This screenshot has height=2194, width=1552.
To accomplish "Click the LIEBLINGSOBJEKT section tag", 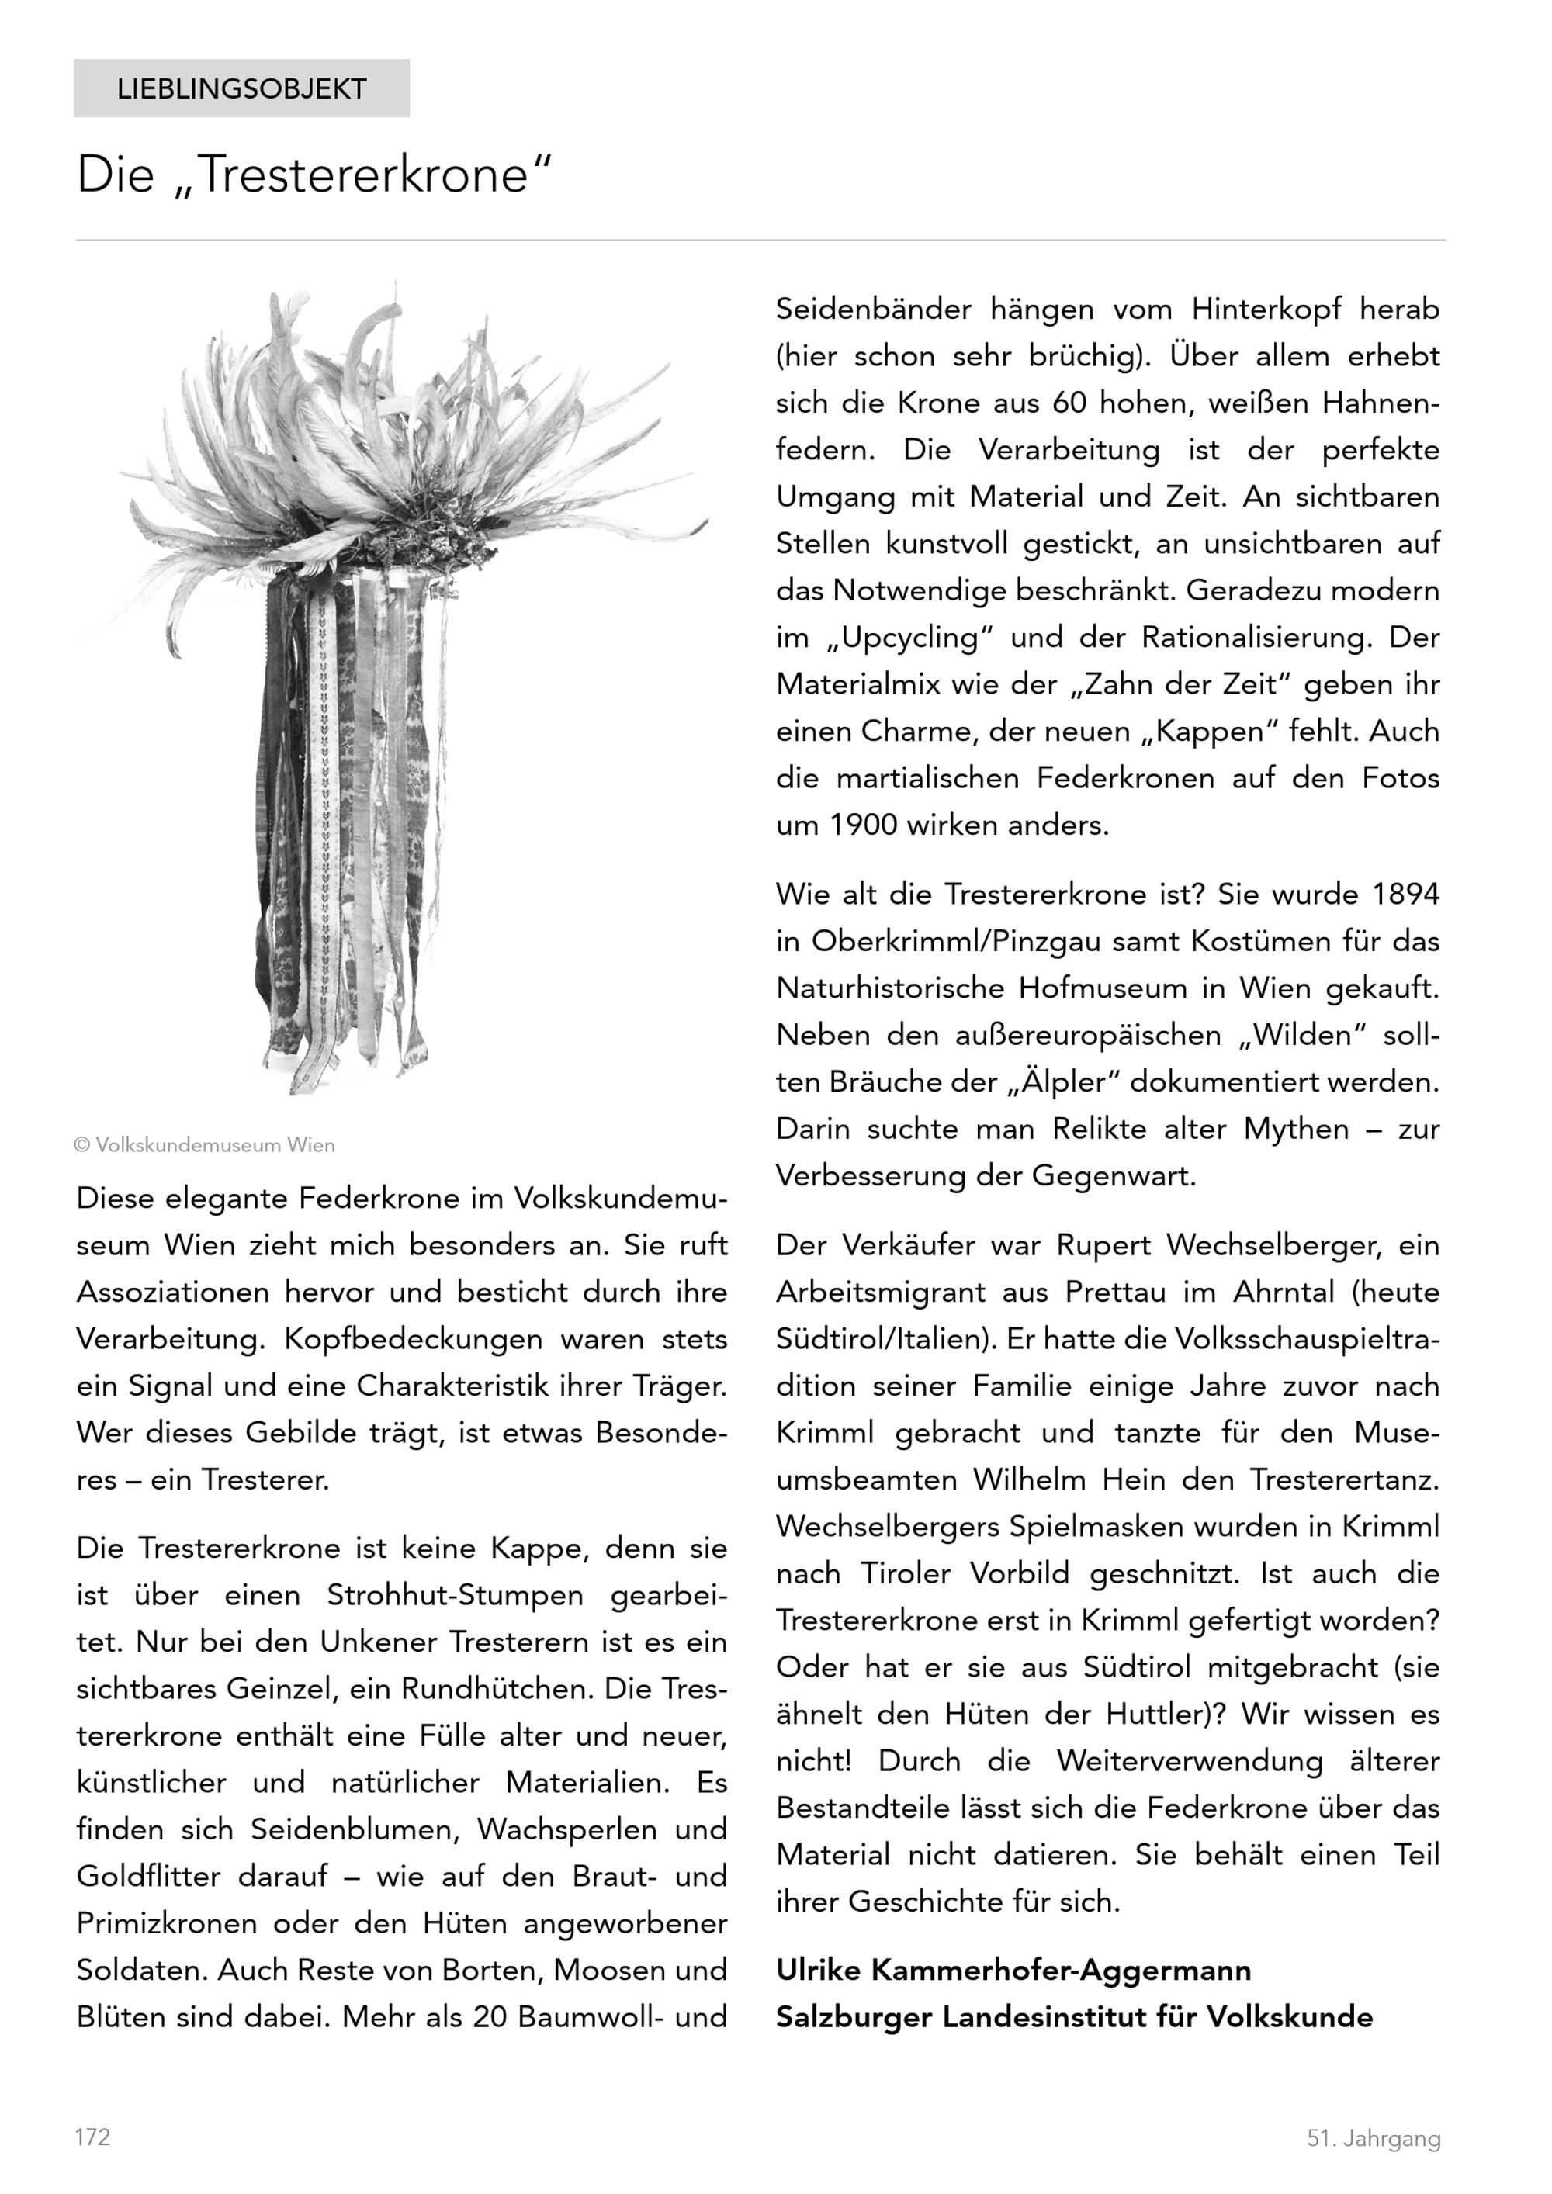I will pos(242,89).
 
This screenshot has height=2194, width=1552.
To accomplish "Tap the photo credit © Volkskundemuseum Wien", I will pos(205,1145).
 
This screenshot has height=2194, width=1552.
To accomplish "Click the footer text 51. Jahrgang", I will pos(1374,2139).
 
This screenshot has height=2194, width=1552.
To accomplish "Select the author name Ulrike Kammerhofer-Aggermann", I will pos(1013,1971).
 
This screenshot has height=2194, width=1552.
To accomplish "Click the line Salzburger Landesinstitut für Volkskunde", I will pos(1074,2017).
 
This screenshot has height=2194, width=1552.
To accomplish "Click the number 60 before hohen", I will pos(1069,403).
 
